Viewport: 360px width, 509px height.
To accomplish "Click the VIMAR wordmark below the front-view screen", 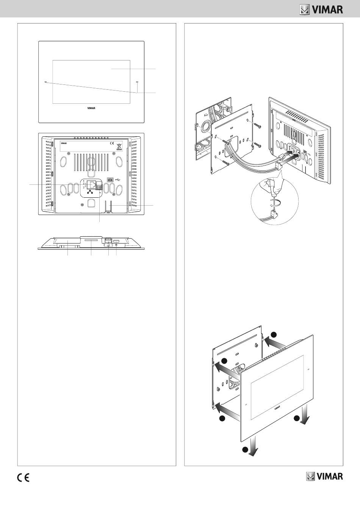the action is (x=91, y=108).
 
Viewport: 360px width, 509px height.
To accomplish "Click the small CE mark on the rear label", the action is (x=111, y=144).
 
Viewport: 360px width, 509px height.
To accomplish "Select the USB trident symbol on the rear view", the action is (x=118, y=179).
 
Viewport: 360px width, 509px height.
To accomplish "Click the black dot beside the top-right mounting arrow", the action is (x=274, y=334).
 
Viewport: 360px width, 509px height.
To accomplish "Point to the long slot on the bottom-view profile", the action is (x=91, y=240).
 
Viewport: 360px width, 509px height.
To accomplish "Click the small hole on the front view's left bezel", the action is (x=46, y=82).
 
